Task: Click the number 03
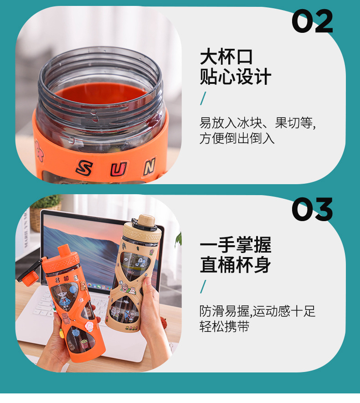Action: pyautogui.click(x=312, y=210)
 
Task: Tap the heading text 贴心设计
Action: pyautogui.click(x=235, y=77)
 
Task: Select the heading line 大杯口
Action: pyautogui.click(x=226, y=57)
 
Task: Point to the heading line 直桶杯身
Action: pyautogui.click(x=235, y=265)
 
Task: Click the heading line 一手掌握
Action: pyautogui.click(x=235, y=245)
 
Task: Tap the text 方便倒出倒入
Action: pyautogui.click(x=237, y=139)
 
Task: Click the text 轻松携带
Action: pyautogui.click(x=224, y=327)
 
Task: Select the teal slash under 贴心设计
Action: pyautogui.click(x=203, y=98)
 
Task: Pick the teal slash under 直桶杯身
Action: pyautogui.click(x=203, y=287)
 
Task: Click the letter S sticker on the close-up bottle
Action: pyautogui.click(x=84, y=168)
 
